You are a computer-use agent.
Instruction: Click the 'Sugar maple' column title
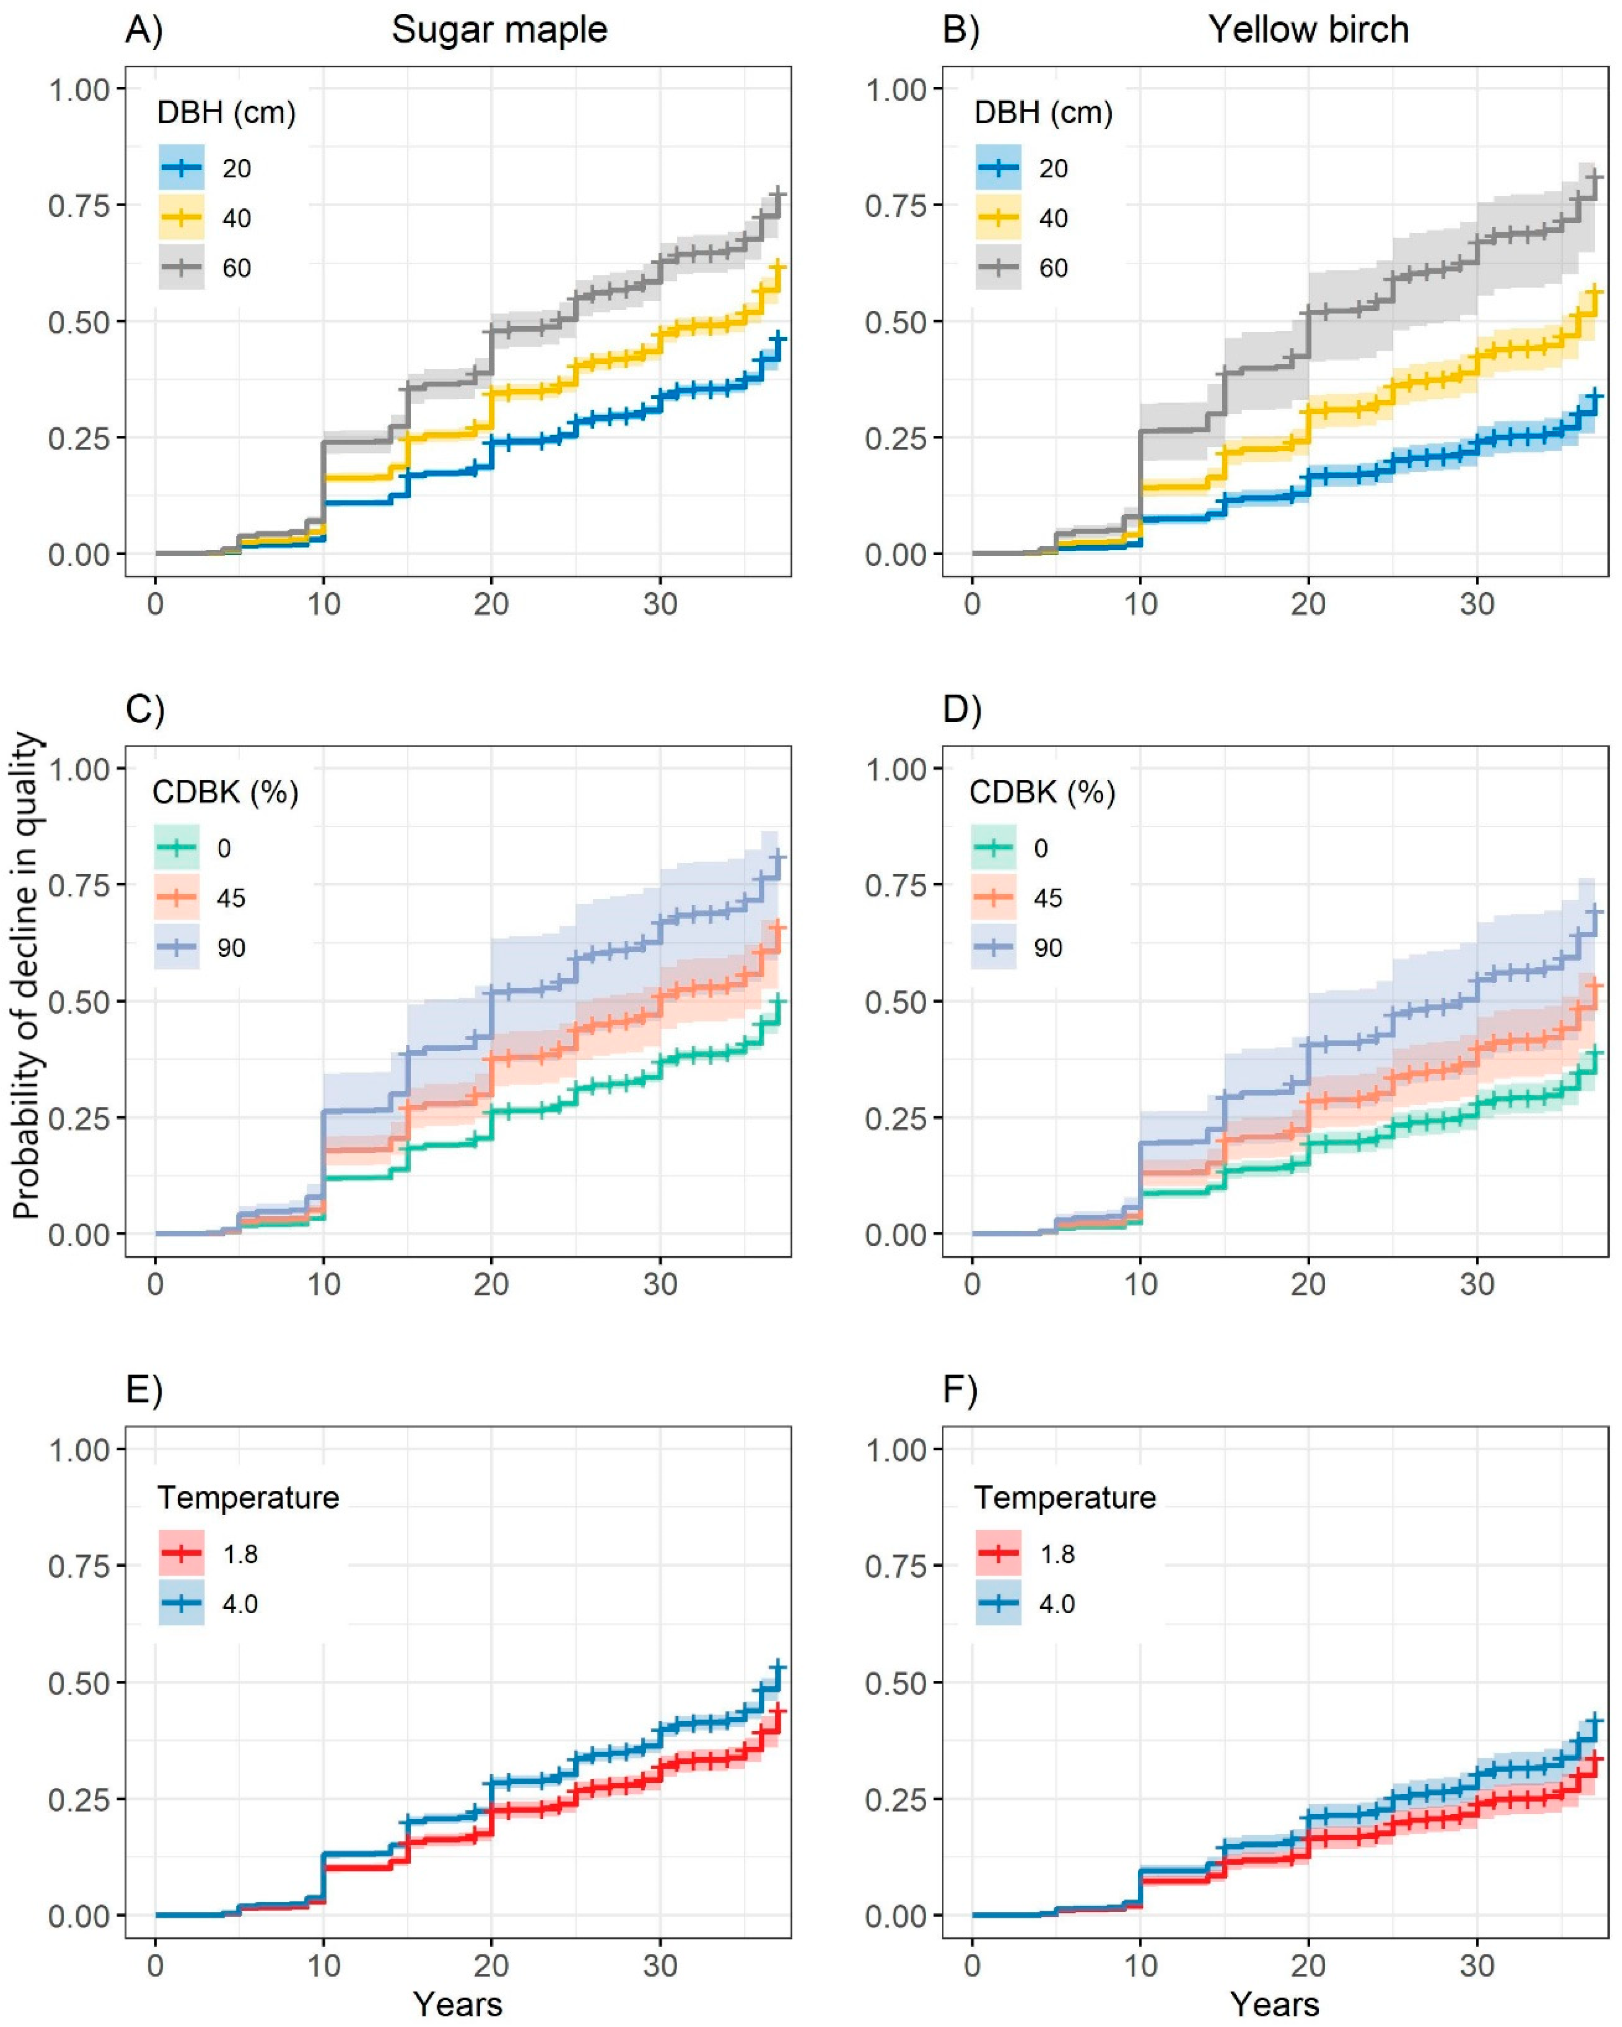click(x=499, y=30)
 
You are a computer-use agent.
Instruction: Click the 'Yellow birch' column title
click(x=1308, y=30)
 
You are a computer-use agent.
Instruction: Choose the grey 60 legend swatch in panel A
click(x=182, y=268)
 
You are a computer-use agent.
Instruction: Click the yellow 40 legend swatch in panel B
click(x=998, y=218)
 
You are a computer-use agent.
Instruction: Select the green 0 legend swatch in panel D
click(x=993, y=848)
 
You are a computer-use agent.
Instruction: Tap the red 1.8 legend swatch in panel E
click(x=182, y=1554)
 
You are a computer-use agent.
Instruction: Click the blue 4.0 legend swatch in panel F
click(x=998, y=1604)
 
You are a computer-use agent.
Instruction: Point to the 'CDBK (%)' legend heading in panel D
click(x=1042, y=793)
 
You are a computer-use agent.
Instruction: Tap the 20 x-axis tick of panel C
click(x=491, y=1284)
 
